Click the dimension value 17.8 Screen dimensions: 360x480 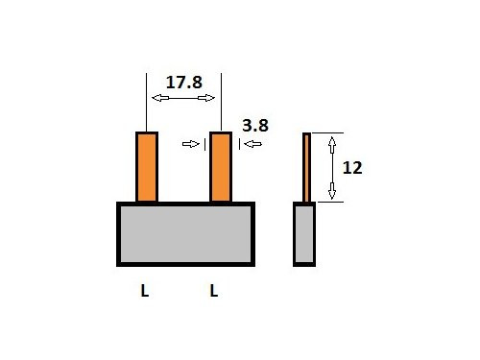point(183,83)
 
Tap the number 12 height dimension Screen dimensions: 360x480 point(351,167)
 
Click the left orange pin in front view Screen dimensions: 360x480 point(146,167)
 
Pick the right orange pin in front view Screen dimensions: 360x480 point(221,167)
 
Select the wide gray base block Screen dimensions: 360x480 point(185,233)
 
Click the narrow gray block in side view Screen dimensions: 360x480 point(304,233)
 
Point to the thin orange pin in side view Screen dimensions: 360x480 point(307,167)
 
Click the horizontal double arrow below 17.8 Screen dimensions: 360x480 point(183,98)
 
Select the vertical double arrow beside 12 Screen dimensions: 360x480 point(332,167)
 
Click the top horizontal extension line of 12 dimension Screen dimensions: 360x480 point(327,132)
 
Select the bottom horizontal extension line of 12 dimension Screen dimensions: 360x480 point(327,203)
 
